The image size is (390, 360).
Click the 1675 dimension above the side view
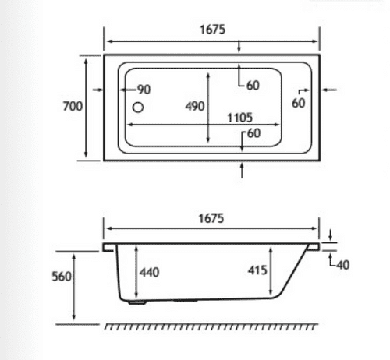[x=211, y=219]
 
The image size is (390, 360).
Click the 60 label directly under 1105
[x=252, y=133]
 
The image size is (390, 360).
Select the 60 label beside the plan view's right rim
[x=299, y=103]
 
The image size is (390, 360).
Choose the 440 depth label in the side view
[x=149, y=271]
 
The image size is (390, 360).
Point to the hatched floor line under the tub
[x=214, y=324]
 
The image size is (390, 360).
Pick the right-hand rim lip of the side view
[x=315, y=247]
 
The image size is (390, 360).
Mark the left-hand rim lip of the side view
[x=108, y=247]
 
